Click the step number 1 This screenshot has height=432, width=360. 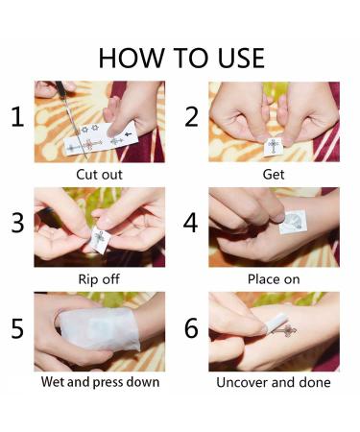click(17, 117)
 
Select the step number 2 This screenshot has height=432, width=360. click(191, 117)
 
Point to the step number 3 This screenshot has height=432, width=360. click(17, 223)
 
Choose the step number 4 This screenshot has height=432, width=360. click(191, 223)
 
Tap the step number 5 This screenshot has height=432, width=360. click(17, 328)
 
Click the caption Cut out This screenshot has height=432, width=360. click(99, 175)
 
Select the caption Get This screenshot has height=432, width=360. click(274, 175)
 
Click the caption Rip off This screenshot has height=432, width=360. click(99, 279)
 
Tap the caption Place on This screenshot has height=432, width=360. click(274, 279)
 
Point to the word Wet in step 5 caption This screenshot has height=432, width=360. click(53, 382)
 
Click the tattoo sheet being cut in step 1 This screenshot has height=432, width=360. click(101, 138)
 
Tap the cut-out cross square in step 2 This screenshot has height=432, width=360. click(273, 147)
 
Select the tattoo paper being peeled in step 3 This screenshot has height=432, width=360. click(101, 240)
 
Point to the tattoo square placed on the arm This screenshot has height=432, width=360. click(293, 222)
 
